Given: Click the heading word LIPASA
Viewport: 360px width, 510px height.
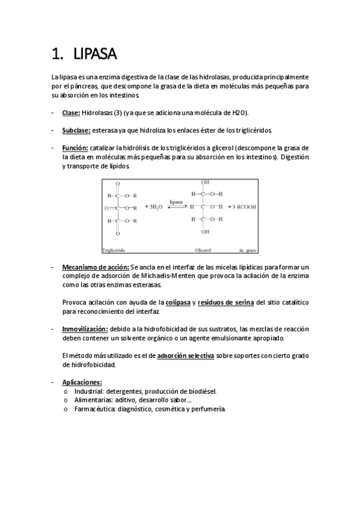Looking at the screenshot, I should point(95,55).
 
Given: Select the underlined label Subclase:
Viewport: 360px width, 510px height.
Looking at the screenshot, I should point(76,130).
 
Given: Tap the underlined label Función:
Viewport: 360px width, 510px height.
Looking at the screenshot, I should point(75,147).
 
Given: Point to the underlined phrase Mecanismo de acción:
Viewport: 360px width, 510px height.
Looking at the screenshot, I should point(96,266).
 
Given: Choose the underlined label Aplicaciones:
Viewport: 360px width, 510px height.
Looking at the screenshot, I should point(82,382).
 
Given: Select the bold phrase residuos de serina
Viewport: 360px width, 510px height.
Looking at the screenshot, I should point(225,302).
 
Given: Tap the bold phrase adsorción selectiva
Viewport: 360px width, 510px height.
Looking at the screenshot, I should point(185,355).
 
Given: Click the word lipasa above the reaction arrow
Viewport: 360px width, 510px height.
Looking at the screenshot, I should point(176,203).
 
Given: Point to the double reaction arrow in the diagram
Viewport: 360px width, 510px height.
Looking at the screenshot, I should point(176,207).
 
